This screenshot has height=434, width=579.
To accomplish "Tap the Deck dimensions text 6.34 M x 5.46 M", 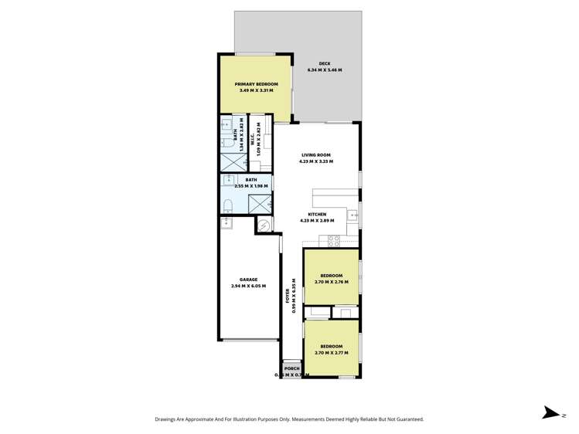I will [x=324, y=70].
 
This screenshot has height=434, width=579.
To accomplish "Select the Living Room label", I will [x=316, y=155].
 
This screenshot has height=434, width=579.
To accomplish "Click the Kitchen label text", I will [x=317, y=214].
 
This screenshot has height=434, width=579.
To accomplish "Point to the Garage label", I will [x=247, y=280].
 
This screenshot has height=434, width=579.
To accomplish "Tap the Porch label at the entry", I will [x=291, y=368].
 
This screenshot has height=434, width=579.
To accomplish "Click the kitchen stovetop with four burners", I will [x=335, y=240].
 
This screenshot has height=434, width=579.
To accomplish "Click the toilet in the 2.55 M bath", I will [x=229, y=205].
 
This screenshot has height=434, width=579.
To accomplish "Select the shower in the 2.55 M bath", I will [x=259, y=202].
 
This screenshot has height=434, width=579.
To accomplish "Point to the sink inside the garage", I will [x=226, y=223].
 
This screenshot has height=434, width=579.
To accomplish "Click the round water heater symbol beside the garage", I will [x=265, y=225].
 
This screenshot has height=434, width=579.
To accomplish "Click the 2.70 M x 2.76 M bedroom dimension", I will [x=332, y=282].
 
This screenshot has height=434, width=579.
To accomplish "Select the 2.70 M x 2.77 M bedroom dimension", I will [x=332, y=352].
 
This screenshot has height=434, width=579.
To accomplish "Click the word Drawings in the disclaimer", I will [x=169, y=419].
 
